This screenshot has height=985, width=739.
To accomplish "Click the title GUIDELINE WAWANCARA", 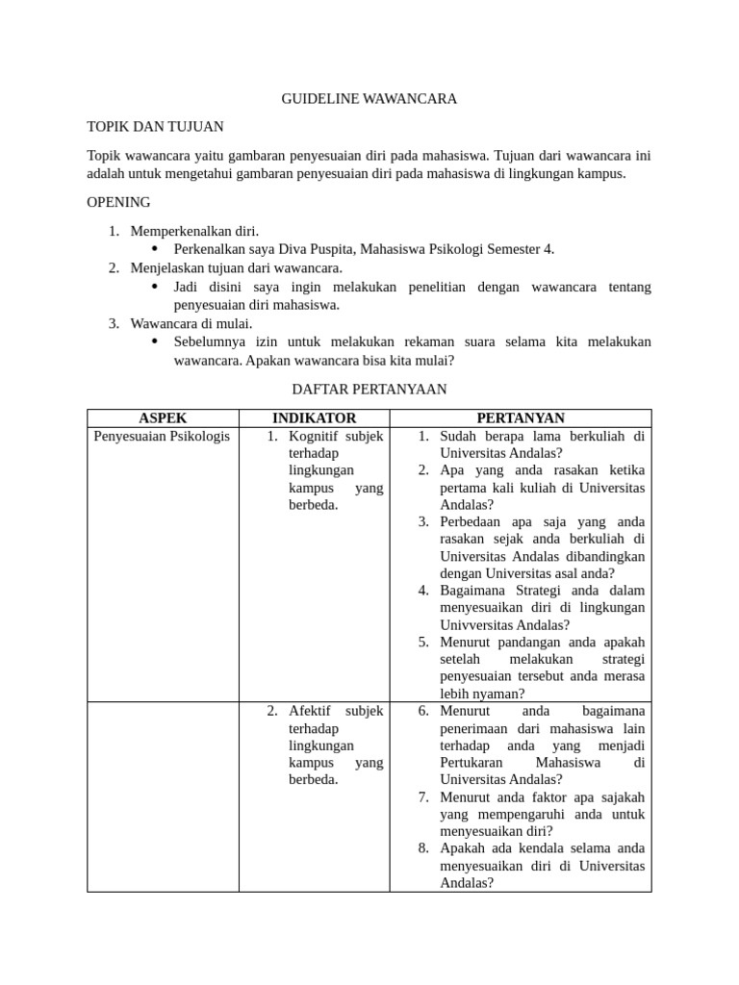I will tap(369, 98).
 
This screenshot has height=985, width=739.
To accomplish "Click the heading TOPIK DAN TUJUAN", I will tap(155, 126).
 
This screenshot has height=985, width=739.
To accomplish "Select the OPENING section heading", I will tap(118, 202).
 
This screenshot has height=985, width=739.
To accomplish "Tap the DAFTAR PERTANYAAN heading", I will tap(369, 389).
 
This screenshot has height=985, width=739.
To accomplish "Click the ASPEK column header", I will tap(163, 417).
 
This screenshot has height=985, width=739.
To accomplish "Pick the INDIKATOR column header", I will tap(314, 417).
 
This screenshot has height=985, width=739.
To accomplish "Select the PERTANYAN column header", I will tap(521, 417).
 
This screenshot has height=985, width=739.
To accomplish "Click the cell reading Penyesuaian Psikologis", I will tap(162, 436).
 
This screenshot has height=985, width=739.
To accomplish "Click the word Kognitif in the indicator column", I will tap(316, 436).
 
